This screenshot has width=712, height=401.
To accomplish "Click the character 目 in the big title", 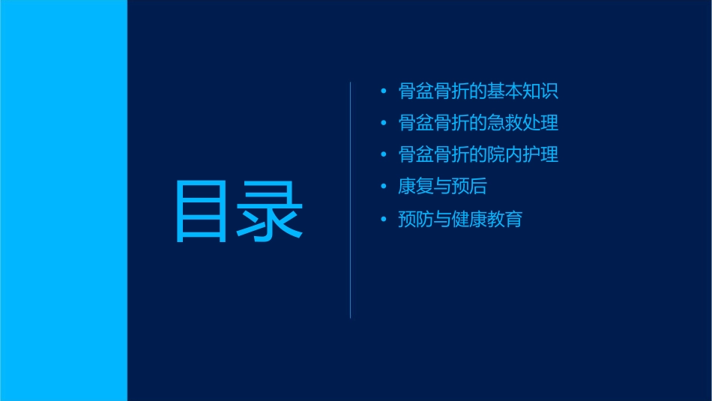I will (x=201, y=212).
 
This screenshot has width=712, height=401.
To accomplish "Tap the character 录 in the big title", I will (x=271, y=212).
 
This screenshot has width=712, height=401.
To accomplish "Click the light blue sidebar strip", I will (x=63, y=200).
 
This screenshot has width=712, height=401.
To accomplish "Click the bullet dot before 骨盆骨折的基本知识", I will (x=384, y=91).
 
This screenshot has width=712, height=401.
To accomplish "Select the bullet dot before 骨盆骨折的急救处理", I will (x=384, y=123).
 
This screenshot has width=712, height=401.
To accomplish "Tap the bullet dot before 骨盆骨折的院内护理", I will (x=384, y=155).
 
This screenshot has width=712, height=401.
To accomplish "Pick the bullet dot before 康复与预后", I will (x=384, y=187).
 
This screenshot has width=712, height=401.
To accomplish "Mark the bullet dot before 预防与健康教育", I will (x=384, y=220).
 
